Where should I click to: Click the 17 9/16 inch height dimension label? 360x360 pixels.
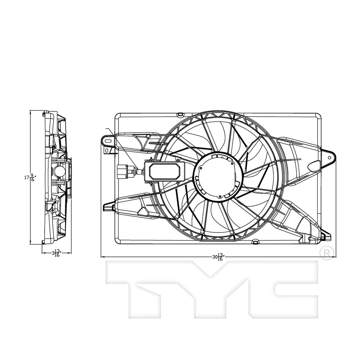click(x=30, y=177)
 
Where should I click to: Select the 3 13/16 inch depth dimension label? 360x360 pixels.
click(x=56, y=253)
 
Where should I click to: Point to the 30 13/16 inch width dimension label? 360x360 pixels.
click(x=217, y=257)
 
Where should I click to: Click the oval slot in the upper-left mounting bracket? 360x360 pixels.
click(x=108, y=141)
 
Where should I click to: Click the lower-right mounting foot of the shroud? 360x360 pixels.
click(x=326, y=236)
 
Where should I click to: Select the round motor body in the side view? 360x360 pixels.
click(x=58, y=172)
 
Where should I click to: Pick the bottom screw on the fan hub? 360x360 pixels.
click(x=219, y=196)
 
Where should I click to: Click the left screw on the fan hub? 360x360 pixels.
click(x=201, y=169)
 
